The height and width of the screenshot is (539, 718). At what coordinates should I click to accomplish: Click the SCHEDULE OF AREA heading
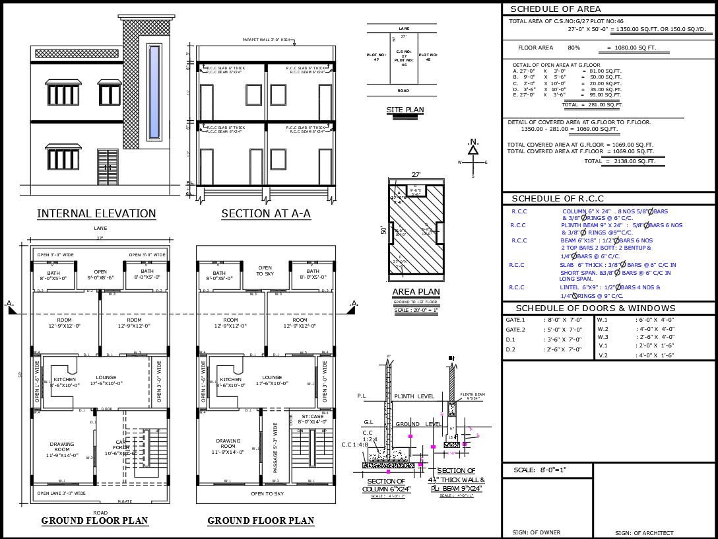[x=556, y=9]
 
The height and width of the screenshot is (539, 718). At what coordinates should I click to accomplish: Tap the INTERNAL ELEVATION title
[x=96, y=213]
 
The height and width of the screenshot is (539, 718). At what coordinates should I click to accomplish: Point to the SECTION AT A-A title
[x=265, y=213]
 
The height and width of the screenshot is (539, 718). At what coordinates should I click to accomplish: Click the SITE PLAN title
[x=405, y=110]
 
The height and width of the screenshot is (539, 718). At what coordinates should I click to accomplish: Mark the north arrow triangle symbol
[x=473, y=150]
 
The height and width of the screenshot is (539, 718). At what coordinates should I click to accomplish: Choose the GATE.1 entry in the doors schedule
[x=515, y=320]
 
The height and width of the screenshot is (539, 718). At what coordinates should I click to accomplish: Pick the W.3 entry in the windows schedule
[x=603, y=338]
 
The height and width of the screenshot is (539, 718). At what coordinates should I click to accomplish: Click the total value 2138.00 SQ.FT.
[x=630, y=161]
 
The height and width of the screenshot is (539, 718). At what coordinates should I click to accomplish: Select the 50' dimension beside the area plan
[x=383, y=230]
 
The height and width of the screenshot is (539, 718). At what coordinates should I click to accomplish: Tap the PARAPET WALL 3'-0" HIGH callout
[x=267, y=40]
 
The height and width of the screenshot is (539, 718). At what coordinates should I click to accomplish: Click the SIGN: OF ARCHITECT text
[x=644, y=532]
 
